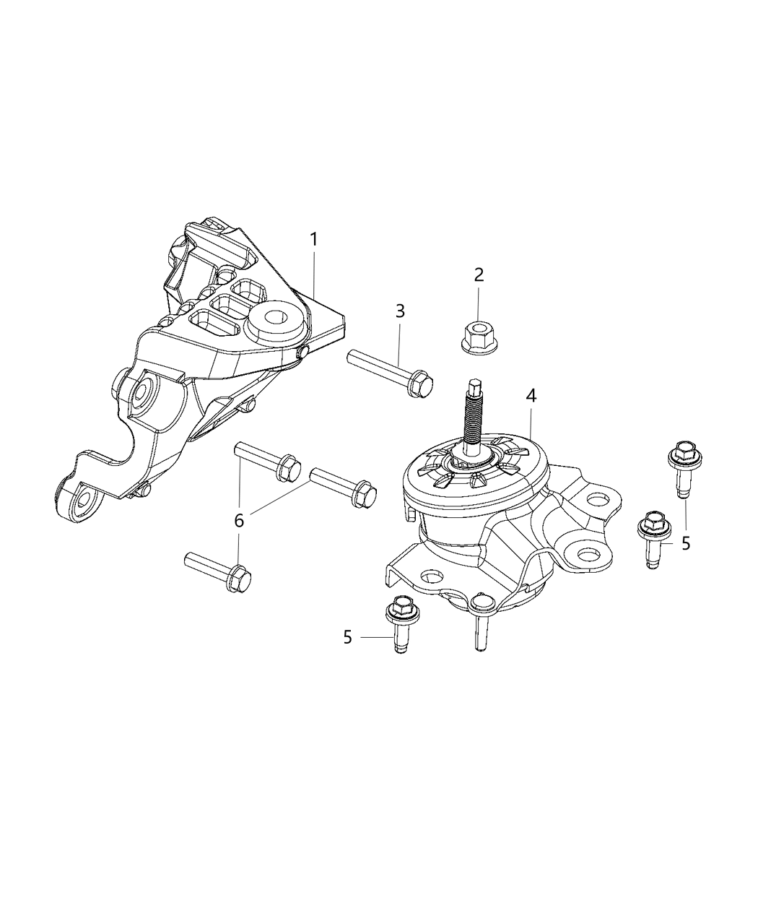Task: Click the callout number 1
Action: tap(313, 239)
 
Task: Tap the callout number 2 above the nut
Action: tap(478, 274)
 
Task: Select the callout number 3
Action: tap(399, 311)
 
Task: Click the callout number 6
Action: tap(239, 519)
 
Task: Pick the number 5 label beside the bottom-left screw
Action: tap(348, 637)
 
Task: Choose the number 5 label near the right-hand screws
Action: tap(685, 542)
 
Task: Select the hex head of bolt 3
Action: tap(420, 384)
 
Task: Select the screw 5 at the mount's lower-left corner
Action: tap(399, 621)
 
